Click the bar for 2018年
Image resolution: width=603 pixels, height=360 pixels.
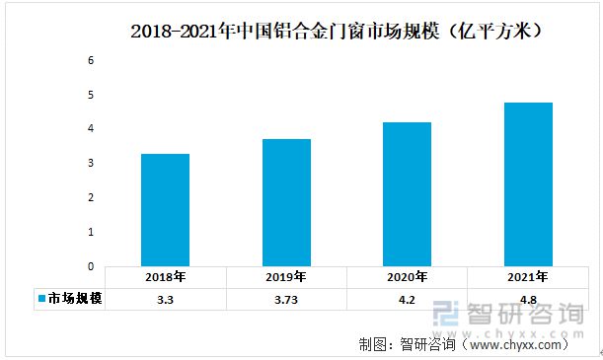point(165,209)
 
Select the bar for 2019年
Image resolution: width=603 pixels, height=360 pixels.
point(286,202)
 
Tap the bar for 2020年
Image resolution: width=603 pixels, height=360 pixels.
point(407,193)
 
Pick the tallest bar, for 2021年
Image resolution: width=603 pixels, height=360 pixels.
point(528,183)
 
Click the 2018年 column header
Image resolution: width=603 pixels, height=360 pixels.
point(165,277)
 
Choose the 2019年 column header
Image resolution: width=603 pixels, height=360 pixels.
point(286,277)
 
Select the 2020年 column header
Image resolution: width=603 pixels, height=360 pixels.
point(407,277)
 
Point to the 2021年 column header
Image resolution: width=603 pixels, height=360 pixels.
point(528,277)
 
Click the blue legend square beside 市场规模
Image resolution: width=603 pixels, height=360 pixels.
point(41,298)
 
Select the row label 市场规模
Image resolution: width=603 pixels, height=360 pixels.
point(75,298)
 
